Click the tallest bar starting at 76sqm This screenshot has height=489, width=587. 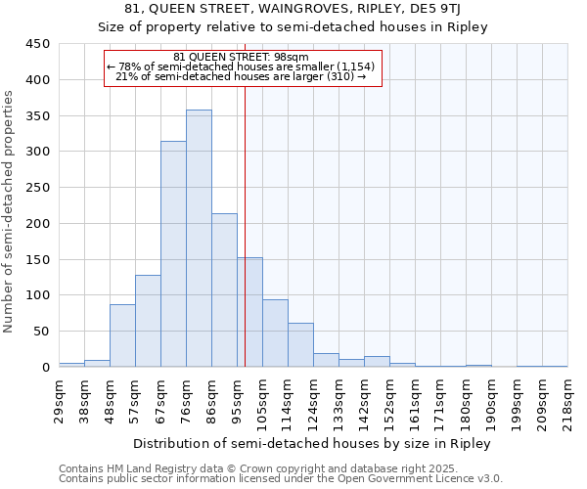pyautogui.click(x=199, y=239)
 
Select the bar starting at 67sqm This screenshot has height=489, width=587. pyautogui.click(x=173, y=254)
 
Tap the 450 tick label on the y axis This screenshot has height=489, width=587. pyautogui.click(x=38, y=44)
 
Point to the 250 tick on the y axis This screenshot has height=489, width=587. pyautogui.click(x=38, y=188)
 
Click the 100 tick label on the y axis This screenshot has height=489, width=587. pyautogui.click(x=38, y=295)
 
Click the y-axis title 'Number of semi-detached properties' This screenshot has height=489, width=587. pyautogui.click(x=9, y=211)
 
